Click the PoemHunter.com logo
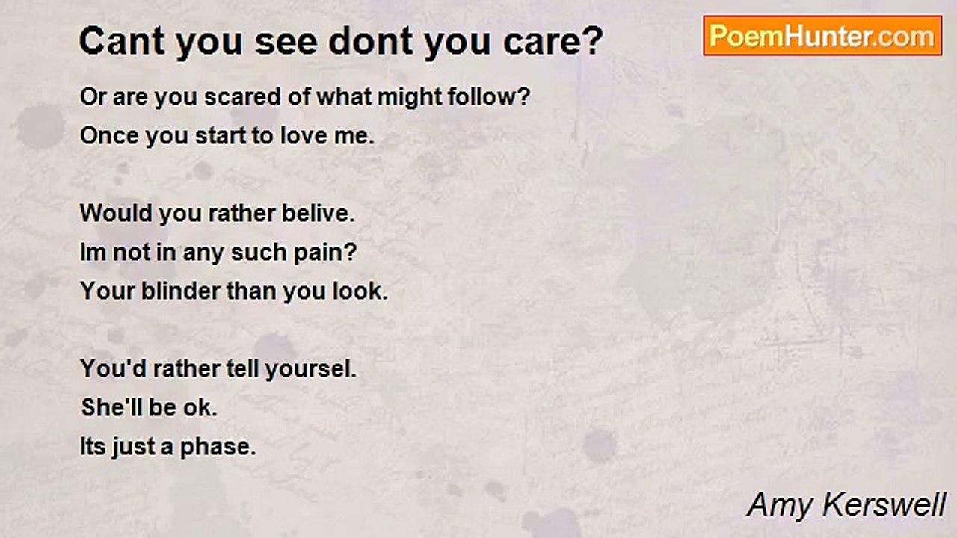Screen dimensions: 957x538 (x=822, y=36)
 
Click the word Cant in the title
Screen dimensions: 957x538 (x=122, y=41)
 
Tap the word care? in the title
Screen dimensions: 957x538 (x=553, y=41)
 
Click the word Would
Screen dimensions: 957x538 (x=116, y=213)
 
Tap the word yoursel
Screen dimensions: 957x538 (x=310, y=369)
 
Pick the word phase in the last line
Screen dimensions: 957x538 (x=218, y=448)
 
